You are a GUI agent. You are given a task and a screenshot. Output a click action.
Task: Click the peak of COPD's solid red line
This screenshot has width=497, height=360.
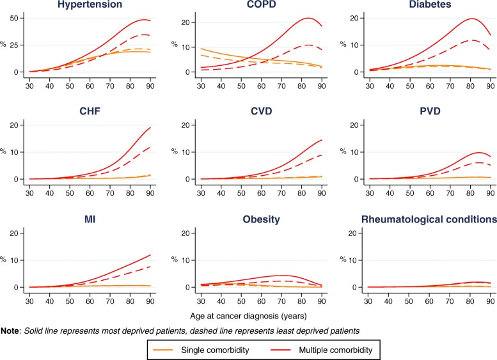click(308, 18)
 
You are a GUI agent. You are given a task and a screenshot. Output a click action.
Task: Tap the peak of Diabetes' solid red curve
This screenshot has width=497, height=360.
click(473, 19)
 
